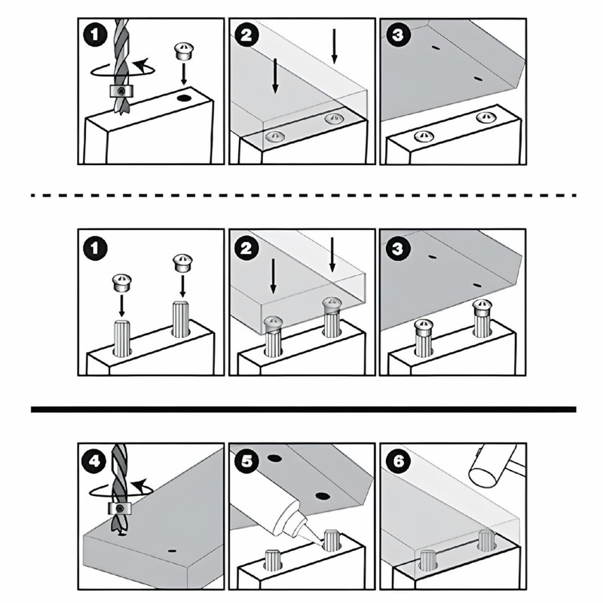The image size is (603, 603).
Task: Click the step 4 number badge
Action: [x=95, y=461]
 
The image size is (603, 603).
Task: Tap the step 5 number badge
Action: [x=246, y=461]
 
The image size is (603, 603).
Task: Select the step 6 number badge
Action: [x=398, y=461]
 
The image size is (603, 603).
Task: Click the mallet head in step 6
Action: [x=496, y=464]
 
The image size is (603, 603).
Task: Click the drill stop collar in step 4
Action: [x=120, y=508]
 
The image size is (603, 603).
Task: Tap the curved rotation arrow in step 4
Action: [x=121, y=488]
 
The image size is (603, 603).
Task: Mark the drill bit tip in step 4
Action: [x=120, y=534]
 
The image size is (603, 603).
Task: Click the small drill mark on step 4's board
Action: [x=172, y=551]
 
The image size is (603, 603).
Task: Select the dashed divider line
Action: [x=304, y=195]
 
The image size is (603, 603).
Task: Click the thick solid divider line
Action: [x=304, y=409]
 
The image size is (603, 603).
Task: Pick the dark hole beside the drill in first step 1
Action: [x=185, y=99]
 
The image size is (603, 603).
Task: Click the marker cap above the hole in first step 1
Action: [x=183, y=51]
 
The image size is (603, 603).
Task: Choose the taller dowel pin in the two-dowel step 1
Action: [x=180, y=319]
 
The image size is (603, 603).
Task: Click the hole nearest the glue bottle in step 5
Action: [x=323, y=496]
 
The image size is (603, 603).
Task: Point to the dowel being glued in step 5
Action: [x=332, y=540]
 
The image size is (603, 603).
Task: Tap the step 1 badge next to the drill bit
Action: [x=95, y=35]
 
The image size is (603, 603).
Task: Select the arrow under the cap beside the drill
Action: [x=184, y=74]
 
